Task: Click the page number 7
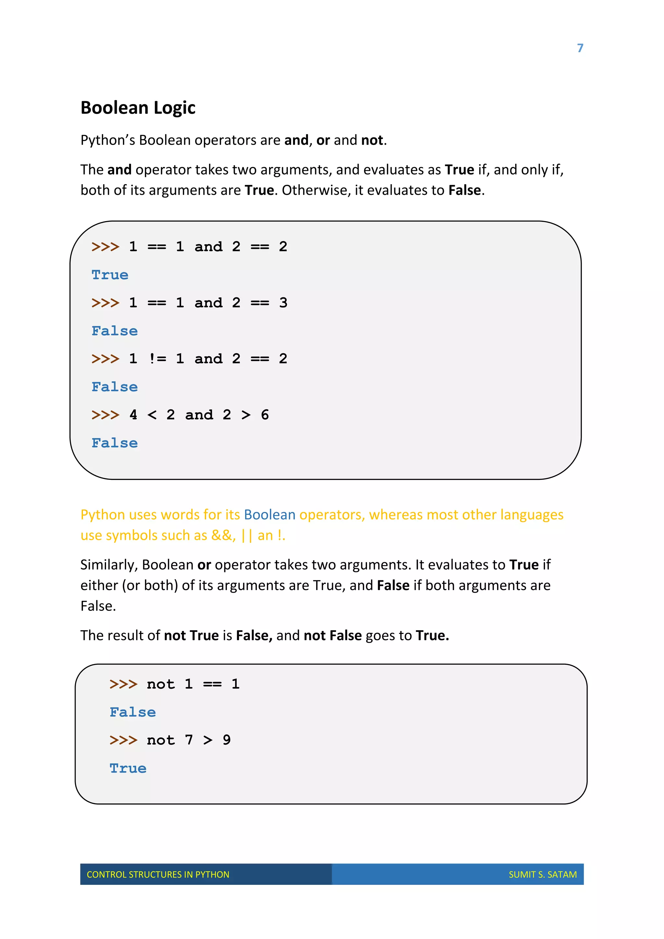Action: [x=580, y=48]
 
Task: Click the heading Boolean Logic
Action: [x=138, y=108]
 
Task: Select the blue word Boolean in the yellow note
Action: [x=269, y=515]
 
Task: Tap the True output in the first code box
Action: [x=110, y=275]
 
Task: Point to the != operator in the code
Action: [x=158, y=359]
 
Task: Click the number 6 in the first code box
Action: [x=265, y=415]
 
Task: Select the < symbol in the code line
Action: [x=152, y=415]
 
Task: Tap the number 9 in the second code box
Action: [x=227, y=740]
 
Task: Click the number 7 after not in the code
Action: [x=188, y=740]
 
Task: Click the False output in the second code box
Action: [x=133, y=712]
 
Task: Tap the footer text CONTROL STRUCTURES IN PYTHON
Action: [x=158, y=874]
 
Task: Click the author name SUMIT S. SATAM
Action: [x=542, y=874]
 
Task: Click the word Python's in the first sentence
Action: [x=107, y=140]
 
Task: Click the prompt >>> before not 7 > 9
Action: [x=123, y=740]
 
